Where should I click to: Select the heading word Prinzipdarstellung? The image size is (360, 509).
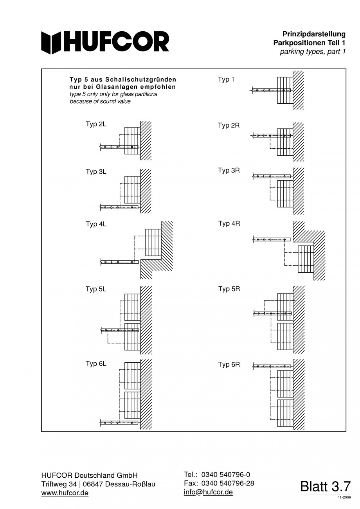[x=314, y=34]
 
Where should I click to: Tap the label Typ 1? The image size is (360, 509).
[x=226, y=80]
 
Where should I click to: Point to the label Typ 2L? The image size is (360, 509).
[x=96, y=124]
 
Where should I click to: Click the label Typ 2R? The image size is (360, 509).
[x=229, y=126]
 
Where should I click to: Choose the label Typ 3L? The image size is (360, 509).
[x=96, y=172]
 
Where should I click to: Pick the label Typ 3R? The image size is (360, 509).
[x=229, y=171]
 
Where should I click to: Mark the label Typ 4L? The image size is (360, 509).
[x=96, y=224]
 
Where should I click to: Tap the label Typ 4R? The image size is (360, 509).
[x=229, y=223]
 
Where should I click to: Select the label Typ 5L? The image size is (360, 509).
[x=96, y=289]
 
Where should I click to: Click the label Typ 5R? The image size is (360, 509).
[x=229, y=289]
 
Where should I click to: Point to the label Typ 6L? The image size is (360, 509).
[x=96, y=364]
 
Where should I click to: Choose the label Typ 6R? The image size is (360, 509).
[x=229, y=365]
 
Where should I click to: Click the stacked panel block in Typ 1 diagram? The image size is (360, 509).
[x=284, y=90]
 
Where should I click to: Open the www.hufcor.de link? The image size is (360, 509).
[x=65, y=493]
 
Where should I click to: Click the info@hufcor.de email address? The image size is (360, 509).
[x=208, y=492]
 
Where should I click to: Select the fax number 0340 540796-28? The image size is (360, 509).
[x=227, y=483]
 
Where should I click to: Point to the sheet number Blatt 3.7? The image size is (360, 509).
[x=325, y=487]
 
